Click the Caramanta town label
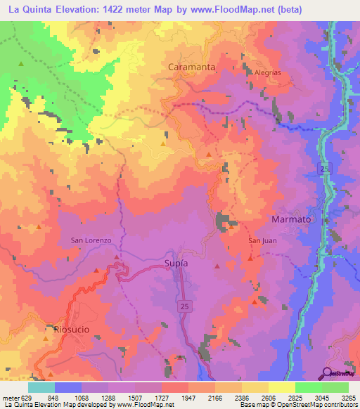191,67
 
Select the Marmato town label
291,219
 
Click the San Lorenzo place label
91,240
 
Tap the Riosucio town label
67,328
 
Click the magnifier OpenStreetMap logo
327,372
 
